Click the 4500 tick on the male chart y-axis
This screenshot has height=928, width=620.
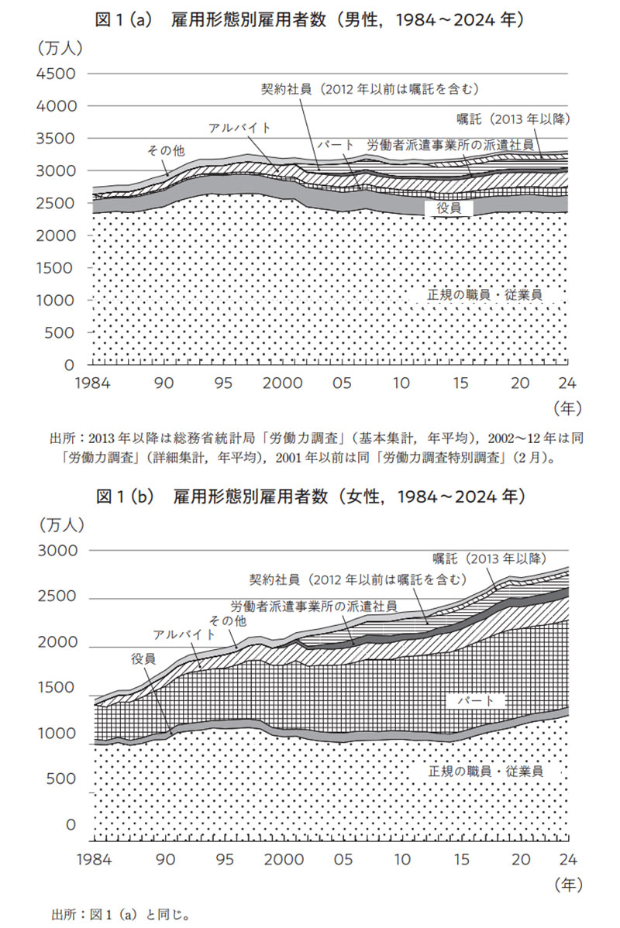tap(53, 74)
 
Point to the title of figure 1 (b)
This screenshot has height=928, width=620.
tap(309, 495)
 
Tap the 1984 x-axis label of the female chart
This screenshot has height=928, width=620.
tap(92, 860)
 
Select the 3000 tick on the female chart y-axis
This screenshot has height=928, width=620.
tap(53, 551)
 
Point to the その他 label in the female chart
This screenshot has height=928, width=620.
tap(228, 620)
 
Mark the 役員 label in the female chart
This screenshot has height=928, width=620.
tap(143, 658)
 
